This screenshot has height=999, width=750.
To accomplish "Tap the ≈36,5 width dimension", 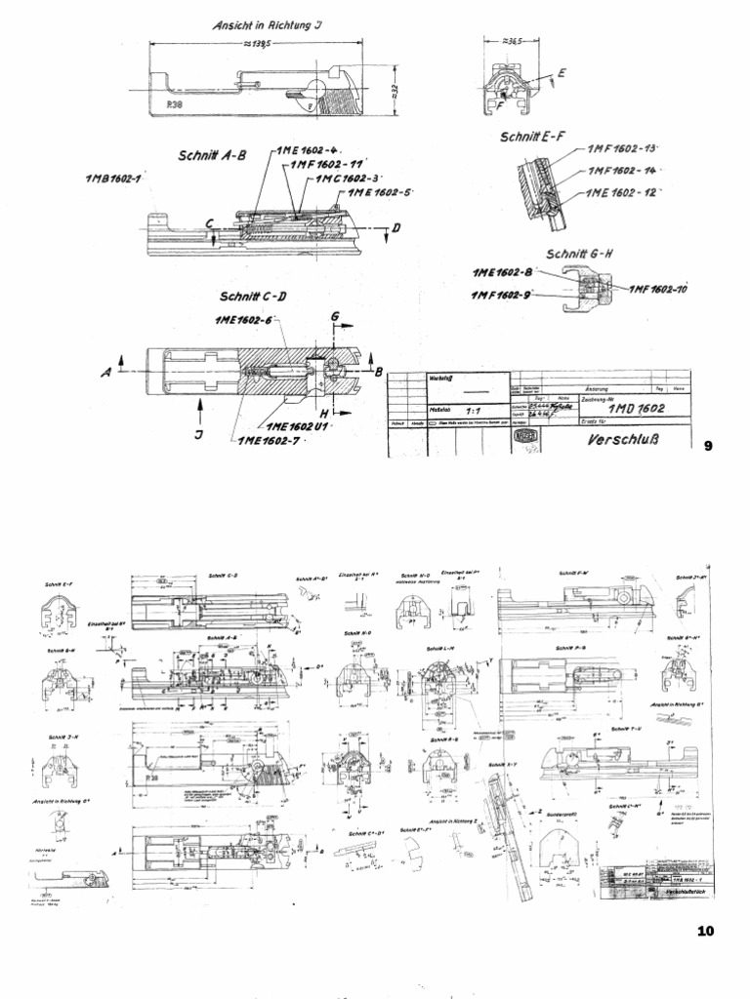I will pos(505,42).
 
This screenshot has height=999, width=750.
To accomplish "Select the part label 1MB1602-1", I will pos(114,180).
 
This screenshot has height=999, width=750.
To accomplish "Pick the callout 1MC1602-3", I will pos(347,180).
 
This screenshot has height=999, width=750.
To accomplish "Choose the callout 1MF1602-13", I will pos(622,150).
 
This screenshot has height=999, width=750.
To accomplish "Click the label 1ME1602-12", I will pos(621,194).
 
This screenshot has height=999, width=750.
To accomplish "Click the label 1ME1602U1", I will pos(294,426).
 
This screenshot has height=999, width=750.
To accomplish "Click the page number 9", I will pos(710,447).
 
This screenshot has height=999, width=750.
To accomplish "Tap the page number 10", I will pos(707,931).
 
